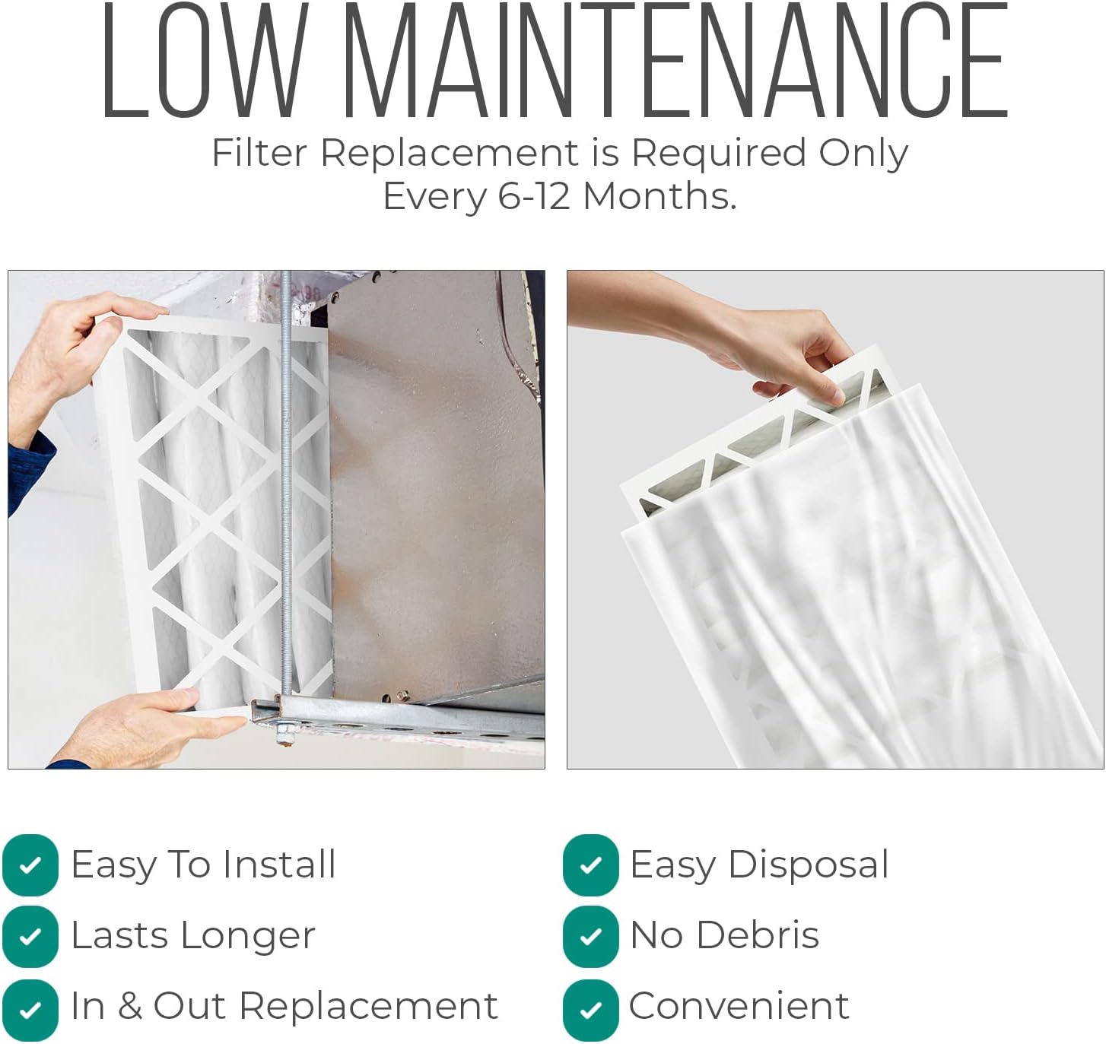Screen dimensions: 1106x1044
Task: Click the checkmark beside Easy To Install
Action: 30,865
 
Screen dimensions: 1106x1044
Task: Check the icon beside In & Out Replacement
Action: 30,1010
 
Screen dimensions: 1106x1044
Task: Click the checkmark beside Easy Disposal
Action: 590,865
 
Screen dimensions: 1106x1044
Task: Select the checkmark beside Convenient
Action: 590,1010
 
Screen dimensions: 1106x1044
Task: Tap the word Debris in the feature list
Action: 758,935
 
